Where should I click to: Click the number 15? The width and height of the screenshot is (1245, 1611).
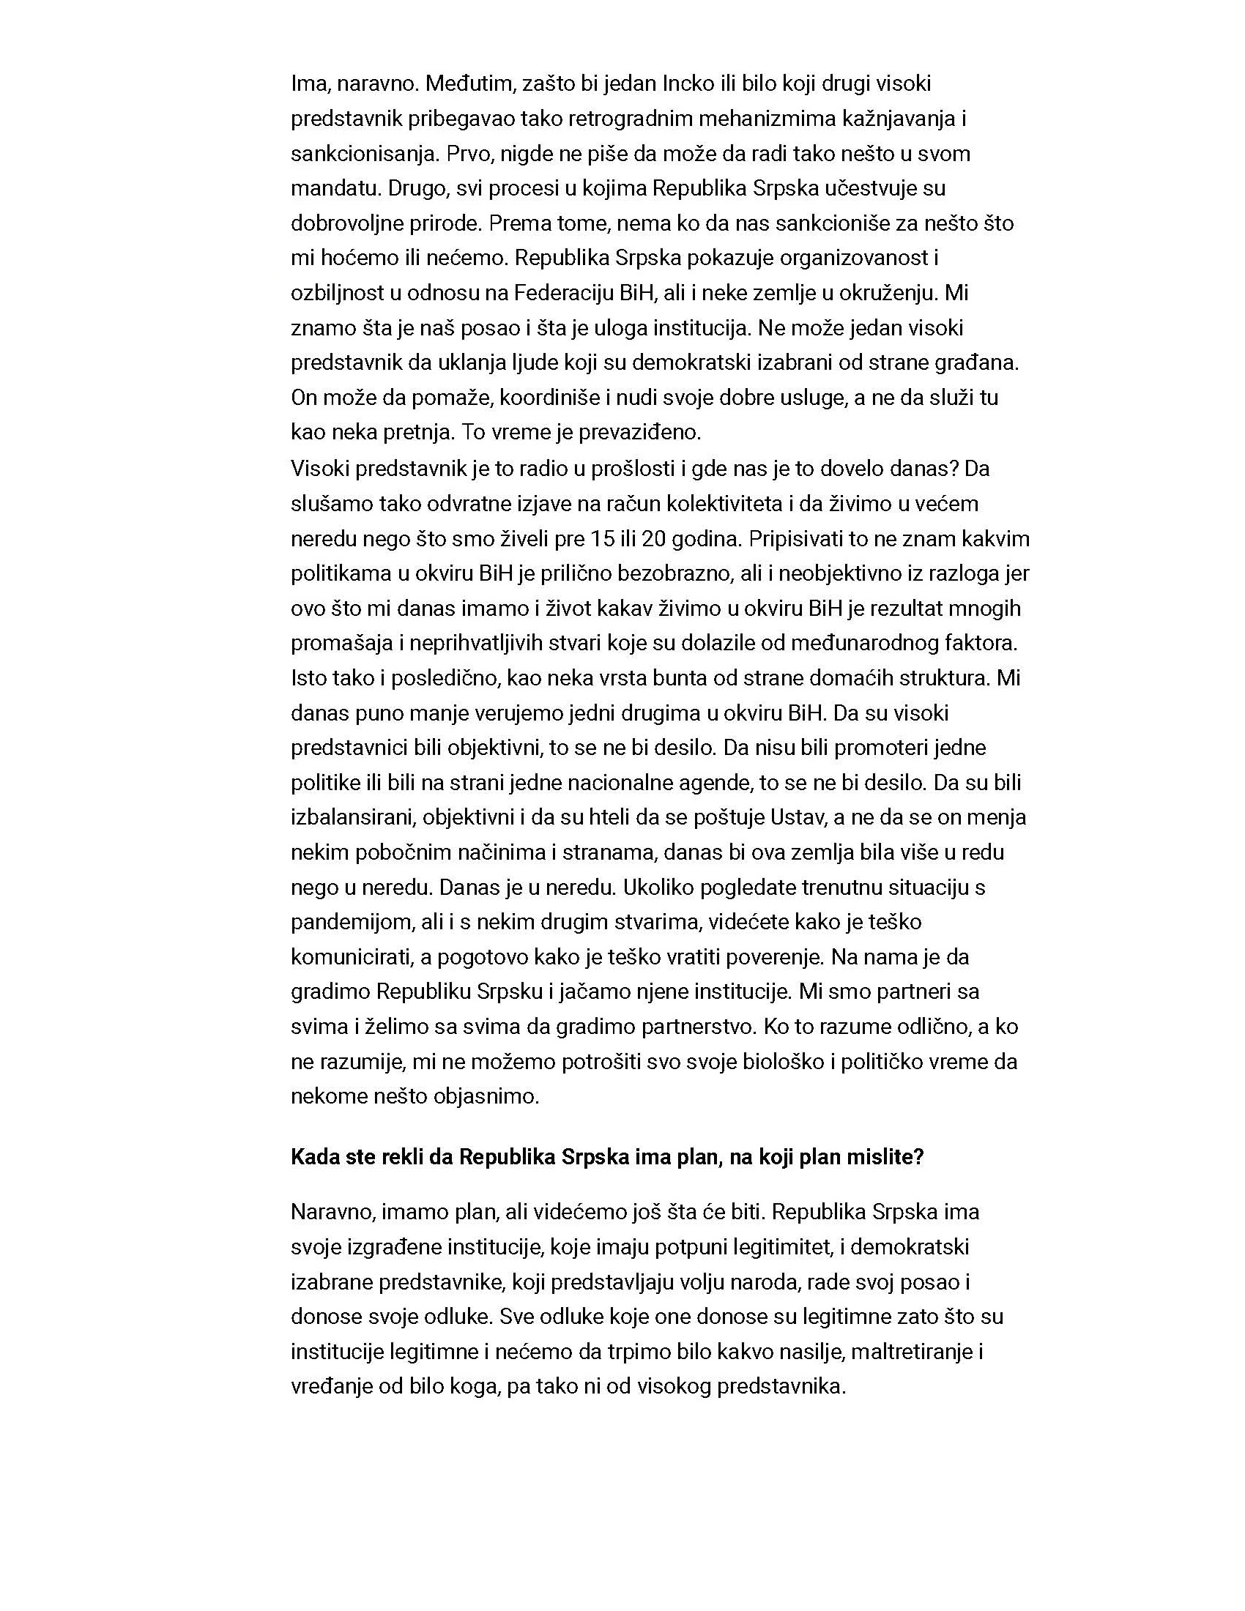point(603,539)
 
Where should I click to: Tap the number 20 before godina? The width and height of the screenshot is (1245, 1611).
point(654,539)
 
